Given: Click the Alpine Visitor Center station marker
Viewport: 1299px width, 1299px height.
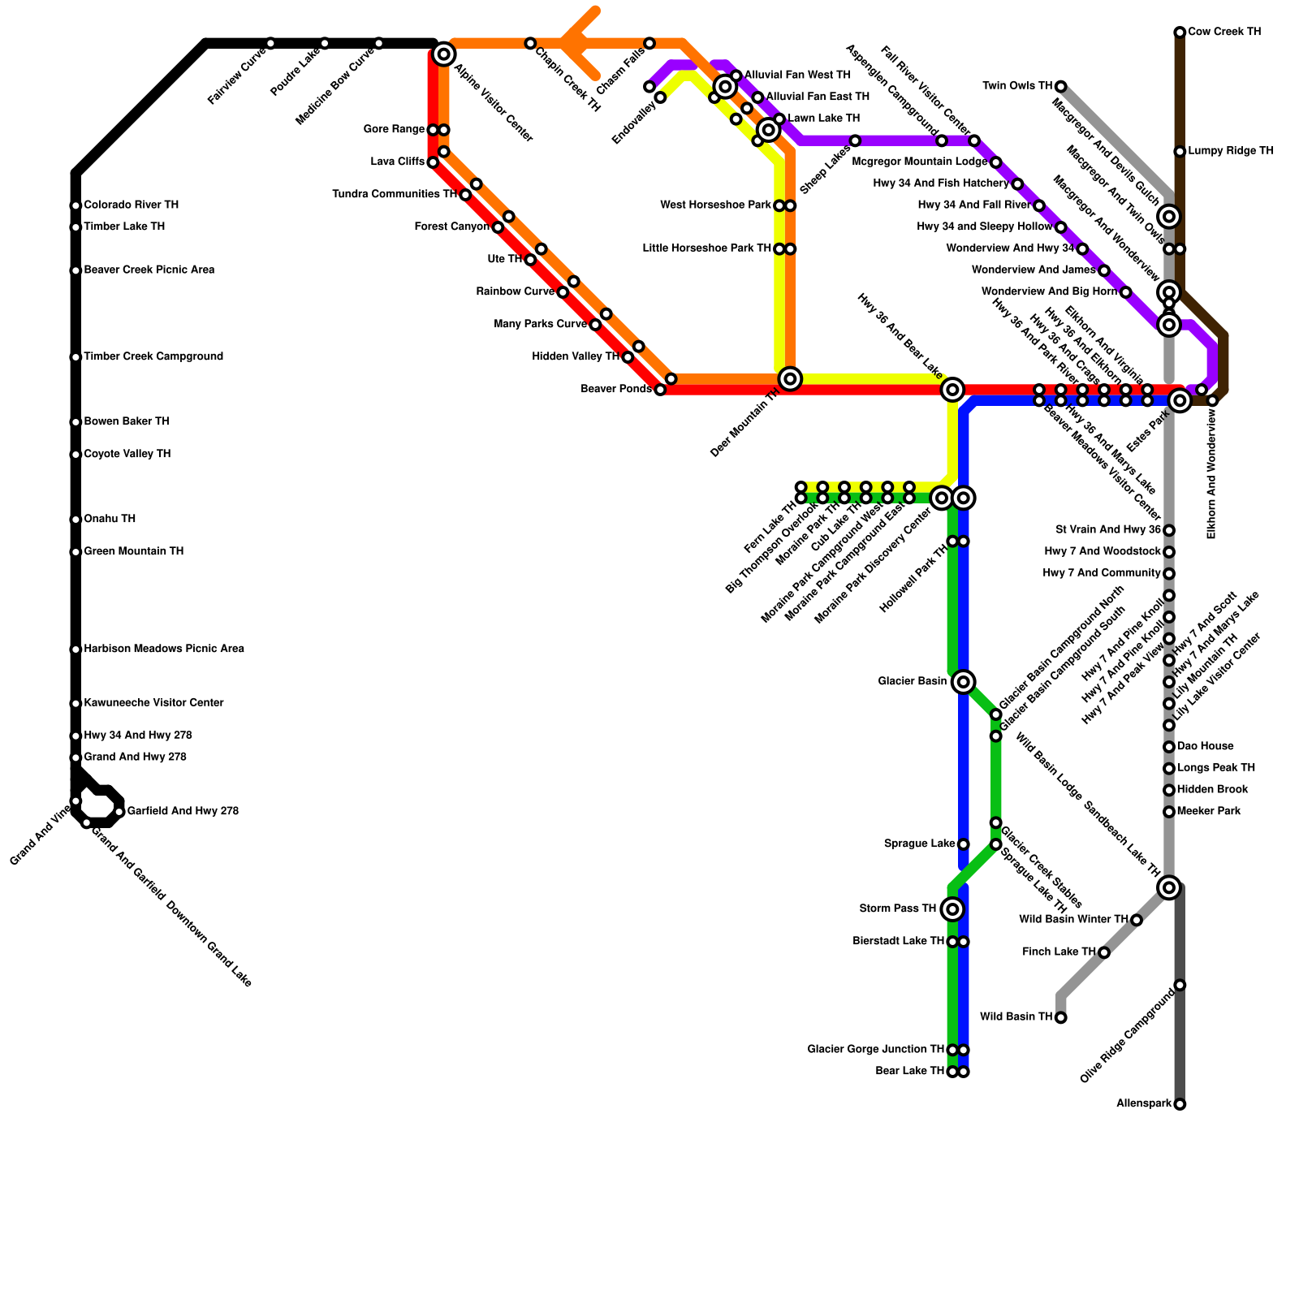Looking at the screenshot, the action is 443,54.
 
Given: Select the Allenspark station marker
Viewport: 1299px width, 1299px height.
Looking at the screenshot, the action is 1180,1104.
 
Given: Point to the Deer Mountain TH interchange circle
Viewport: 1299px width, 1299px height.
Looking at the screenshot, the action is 790,378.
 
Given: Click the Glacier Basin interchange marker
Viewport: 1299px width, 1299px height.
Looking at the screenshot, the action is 963,682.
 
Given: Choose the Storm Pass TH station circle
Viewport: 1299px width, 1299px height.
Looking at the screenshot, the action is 952,909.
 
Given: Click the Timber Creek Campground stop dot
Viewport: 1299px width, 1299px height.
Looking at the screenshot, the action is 76,357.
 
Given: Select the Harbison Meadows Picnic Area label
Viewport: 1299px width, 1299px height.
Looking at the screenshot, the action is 164,649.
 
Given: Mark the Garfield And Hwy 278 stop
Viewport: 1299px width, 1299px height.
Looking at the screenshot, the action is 119,812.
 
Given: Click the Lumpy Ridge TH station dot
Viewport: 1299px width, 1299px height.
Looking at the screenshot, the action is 1180,152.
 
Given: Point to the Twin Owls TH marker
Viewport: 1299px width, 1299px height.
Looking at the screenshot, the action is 1060,87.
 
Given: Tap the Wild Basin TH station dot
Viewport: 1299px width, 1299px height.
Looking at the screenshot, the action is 1060,1017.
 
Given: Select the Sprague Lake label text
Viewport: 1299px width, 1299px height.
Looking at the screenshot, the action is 919,844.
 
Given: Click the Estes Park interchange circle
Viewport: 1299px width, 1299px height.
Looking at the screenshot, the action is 1180,400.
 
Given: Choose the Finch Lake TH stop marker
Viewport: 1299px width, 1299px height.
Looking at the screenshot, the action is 1104,952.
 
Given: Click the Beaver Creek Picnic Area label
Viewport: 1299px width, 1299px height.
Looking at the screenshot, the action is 149,270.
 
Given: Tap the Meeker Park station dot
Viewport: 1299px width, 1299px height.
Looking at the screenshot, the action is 1169,812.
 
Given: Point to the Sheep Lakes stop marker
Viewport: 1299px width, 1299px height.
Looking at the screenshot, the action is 855,141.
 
